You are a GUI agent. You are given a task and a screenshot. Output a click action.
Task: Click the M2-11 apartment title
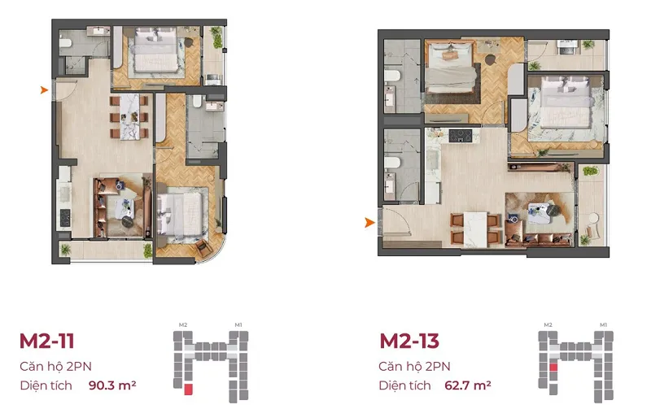(47, 342)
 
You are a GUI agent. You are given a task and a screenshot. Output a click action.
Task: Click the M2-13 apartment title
(409, 342)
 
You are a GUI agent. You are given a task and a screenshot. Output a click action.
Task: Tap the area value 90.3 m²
(112, 385)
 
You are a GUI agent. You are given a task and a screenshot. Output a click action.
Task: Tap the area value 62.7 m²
(467, 385)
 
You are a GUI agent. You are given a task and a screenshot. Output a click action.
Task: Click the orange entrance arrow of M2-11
(44, 89)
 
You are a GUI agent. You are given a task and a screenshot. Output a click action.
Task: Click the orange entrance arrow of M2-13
(369, 223)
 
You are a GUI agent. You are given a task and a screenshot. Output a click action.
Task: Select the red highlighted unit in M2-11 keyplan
(188, 390)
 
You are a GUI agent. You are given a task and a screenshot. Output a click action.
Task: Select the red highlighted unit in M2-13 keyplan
(553, 367)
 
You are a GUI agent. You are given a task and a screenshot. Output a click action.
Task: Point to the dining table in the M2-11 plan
(129, 116)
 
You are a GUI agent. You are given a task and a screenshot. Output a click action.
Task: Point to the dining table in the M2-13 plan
(475, 229)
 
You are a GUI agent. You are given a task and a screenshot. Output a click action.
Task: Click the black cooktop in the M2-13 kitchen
(461, 135)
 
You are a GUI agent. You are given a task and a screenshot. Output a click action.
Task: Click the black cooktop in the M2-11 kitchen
(65, 217)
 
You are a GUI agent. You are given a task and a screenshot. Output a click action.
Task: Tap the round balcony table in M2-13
(593, 218)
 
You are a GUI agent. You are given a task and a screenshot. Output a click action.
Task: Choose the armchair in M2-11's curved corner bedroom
(204, 247)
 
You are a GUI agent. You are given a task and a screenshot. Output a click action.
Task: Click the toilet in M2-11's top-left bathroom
(66, 42)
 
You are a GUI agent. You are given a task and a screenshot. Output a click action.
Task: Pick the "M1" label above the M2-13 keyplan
(603, 324)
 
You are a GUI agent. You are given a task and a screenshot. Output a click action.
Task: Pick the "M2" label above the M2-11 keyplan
(183, 324)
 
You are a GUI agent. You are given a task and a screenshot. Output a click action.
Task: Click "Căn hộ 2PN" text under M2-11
(55, 367)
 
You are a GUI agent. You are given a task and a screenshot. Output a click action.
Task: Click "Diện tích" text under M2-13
(404, 385)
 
